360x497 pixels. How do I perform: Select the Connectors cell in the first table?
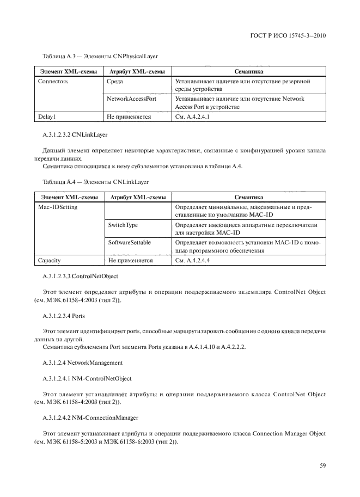click(x=53, y=81)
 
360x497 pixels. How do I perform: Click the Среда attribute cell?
click(x=115, y=81)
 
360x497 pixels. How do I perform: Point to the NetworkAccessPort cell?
click(x=132, y=99)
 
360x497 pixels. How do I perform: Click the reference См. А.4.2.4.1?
click(x=193, y=116)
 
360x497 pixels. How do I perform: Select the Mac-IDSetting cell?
click(x=58, y=207)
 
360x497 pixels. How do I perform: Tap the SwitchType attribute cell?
click(x=123, y=225)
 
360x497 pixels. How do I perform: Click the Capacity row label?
click(x=50, y=260)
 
